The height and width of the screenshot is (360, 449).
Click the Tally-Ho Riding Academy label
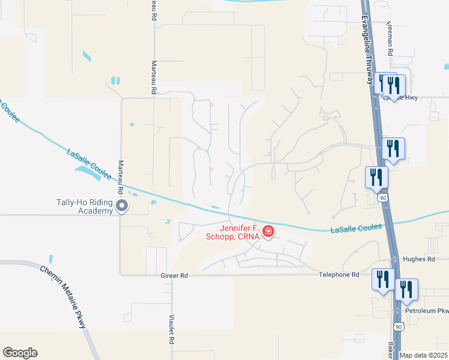click(84, 206)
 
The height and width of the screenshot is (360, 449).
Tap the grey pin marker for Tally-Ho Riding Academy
click(122, 207)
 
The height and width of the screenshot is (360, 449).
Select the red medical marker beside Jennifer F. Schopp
click(268, 231)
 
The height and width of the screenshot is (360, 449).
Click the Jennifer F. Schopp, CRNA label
click(239, 232)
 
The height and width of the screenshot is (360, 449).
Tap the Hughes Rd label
click(420, 259)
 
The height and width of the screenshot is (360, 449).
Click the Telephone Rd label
click(339, 274)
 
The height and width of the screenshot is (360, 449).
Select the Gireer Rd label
click(175, 275)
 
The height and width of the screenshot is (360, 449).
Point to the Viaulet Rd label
click(172, 328)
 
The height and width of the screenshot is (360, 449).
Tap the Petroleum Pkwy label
click(427, 311)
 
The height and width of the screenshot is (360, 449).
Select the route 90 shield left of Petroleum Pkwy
click(399, 326)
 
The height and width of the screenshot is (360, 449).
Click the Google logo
click(20, 353)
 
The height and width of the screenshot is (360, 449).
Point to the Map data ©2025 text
click(424, 355)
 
